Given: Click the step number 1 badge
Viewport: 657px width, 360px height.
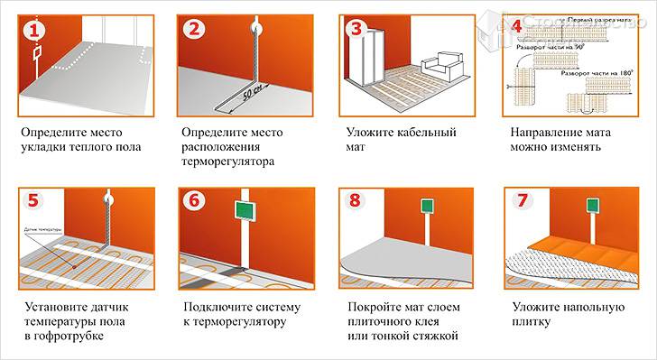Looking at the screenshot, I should tap(33, 30).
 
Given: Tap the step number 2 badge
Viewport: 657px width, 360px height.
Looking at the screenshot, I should tap(194, 30).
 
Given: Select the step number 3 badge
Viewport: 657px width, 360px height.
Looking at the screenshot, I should tap(356, 30).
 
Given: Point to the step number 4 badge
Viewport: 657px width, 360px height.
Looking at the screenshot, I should tap(517, 26).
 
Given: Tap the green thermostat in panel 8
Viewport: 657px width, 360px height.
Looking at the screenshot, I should tap(426, 207).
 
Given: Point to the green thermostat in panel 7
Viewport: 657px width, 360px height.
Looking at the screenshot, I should tap(592, 207).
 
